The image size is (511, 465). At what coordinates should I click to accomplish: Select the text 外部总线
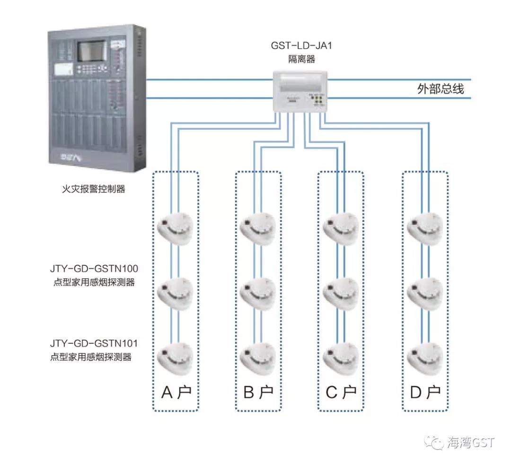tap(440, 88)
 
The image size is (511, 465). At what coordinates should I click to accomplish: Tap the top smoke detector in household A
tap(176, 228)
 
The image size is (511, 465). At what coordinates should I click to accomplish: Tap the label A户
tap(176, 392)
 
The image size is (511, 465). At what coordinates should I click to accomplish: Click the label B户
tap(258, 392)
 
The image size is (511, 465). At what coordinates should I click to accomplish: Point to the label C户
tap(341, 392)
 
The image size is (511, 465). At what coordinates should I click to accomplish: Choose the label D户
tap(425, 392)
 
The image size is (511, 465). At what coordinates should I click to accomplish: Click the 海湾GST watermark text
tap(470, 442)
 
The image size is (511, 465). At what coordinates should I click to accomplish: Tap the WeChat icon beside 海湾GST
tap(434, 442)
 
